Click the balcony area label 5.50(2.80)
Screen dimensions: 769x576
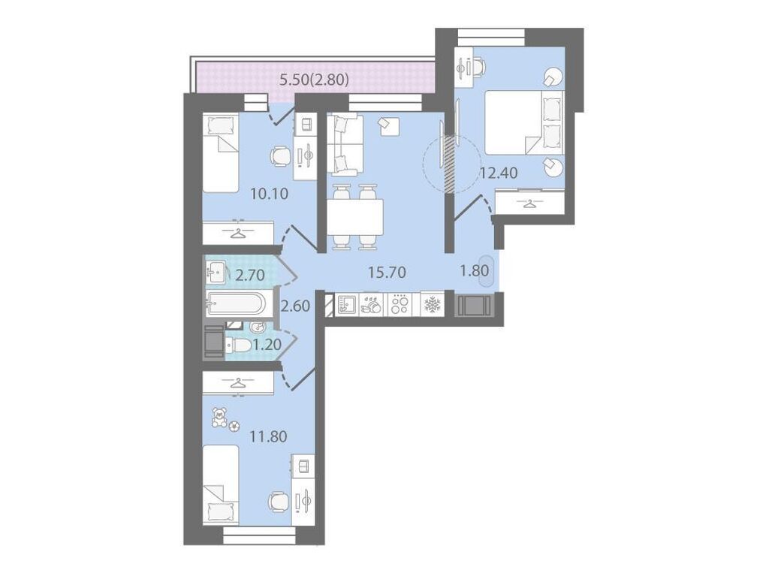point(314,79)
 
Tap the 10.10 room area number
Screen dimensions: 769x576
point(269,193)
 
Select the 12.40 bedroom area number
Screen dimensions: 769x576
point(499,173)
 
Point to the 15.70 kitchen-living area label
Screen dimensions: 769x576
point(387,272)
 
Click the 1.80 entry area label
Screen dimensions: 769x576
point(475,270)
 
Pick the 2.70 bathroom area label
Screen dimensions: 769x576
point(250,276)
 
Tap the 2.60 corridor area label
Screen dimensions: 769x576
point(295,306)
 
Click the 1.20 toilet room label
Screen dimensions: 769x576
point(267,345)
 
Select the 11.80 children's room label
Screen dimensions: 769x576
point(268,436)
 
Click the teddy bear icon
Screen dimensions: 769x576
point(219,418)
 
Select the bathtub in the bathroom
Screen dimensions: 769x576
point(237,303)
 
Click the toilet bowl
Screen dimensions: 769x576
point(239,345)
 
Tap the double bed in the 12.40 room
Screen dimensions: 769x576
point(523,122)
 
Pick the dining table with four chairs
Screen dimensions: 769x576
point(354,217)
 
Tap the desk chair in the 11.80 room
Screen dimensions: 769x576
point(279,502)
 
